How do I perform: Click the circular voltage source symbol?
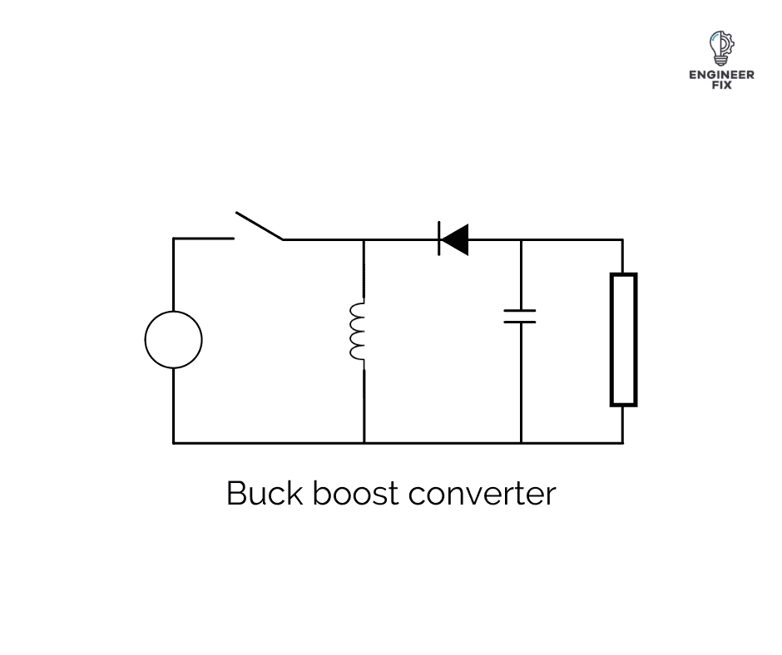(173, 339)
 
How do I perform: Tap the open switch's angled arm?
(259, 226)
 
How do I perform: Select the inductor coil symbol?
(358, 331)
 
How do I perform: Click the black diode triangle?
(454, 239)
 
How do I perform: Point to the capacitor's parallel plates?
(520, 316)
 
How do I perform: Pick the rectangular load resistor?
(623, 339)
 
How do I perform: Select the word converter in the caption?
(482, 494)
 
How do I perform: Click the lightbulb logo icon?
(720, 48)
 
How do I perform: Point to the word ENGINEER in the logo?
(721, 75)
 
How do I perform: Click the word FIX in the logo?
(721, 85)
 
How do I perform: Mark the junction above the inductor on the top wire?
(364, 239)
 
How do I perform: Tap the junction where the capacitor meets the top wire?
(521, 239)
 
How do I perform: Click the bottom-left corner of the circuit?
(174, 442)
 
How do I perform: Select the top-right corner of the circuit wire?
(622, 239)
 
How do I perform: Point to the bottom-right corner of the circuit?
(622, 442)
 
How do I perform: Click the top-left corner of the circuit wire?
(174, 239)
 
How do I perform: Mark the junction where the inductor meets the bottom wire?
(364, 442)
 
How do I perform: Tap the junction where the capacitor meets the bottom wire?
(521, 442)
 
